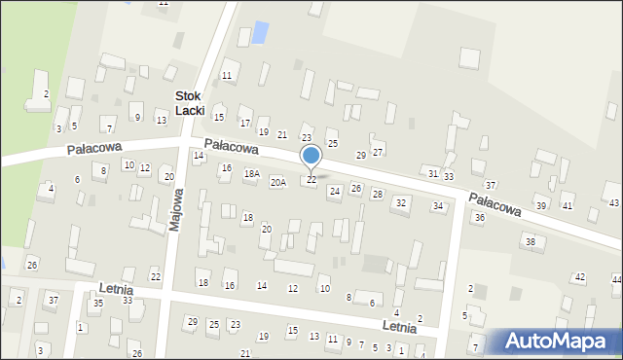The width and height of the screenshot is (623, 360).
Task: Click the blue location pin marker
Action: click(311, 157)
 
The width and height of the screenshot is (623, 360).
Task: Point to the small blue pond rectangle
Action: click(261, 32)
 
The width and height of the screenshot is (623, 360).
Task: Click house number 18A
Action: click(252, 173)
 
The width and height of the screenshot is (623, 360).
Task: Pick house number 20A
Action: click(278, 182)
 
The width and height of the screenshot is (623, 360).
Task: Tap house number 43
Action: click(613, 202)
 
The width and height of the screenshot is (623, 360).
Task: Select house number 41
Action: click(567, 206)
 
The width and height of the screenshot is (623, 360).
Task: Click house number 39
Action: click(541, 206)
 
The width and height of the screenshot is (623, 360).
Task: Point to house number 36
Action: click(479, 218)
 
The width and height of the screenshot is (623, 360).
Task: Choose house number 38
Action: click(530, 241)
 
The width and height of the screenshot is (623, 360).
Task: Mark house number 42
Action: click(578, 277)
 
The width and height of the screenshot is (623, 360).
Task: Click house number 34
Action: click(438, 206)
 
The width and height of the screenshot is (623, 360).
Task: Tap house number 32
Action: click(400, 202)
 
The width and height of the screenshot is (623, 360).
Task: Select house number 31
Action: click(432, 173)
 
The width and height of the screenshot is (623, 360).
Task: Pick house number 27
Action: click(378, 152)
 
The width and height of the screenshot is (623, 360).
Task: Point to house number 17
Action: click(245, 124)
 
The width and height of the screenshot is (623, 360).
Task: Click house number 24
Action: click(334, 192)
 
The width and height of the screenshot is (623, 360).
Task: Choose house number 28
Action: click(377, 195)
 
